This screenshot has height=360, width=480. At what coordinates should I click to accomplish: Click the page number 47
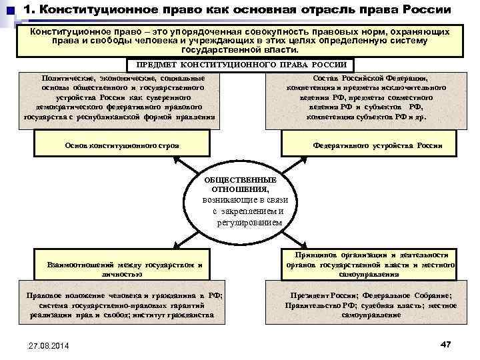point(446,343)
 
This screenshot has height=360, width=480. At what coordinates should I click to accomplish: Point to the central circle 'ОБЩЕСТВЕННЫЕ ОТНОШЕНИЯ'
point(241,200)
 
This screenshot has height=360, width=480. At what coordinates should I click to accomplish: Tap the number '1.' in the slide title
point(29,11)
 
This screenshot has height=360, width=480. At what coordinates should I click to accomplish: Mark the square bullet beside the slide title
point(10,11)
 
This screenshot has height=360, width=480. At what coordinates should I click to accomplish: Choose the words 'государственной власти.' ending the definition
point(241,49)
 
